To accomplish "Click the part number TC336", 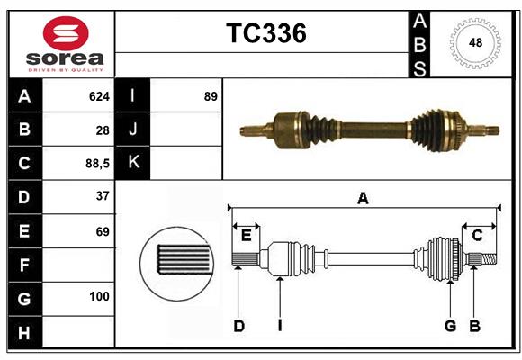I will click(x=265, y=33).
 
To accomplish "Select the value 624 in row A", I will click(x=98, y=95).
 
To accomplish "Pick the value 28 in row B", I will click(x=102, y=130).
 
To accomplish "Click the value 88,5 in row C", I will click(x=94, y=164).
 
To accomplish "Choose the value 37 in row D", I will click(x=102, y=196).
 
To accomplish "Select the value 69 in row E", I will click(x=102, y=231).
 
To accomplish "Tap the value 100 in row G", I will click(x=99, y=296).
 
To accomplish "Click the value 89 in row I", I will click(x=210, y=95).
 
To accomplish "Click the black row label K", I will click(x=133, y=163).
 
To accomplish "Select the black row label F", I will click(x=24, y=265).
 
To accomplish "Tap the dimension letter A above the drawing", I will click(x=363, y=198).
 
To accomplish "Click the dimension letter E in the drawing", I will click(x=246, y=236).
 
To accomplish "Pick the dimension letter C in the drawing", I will click(x=478, y=236).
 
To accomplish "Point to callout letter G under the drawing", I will click(x=449, y=326).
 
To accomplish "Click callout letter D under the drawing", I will click(x=238, y=326).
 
